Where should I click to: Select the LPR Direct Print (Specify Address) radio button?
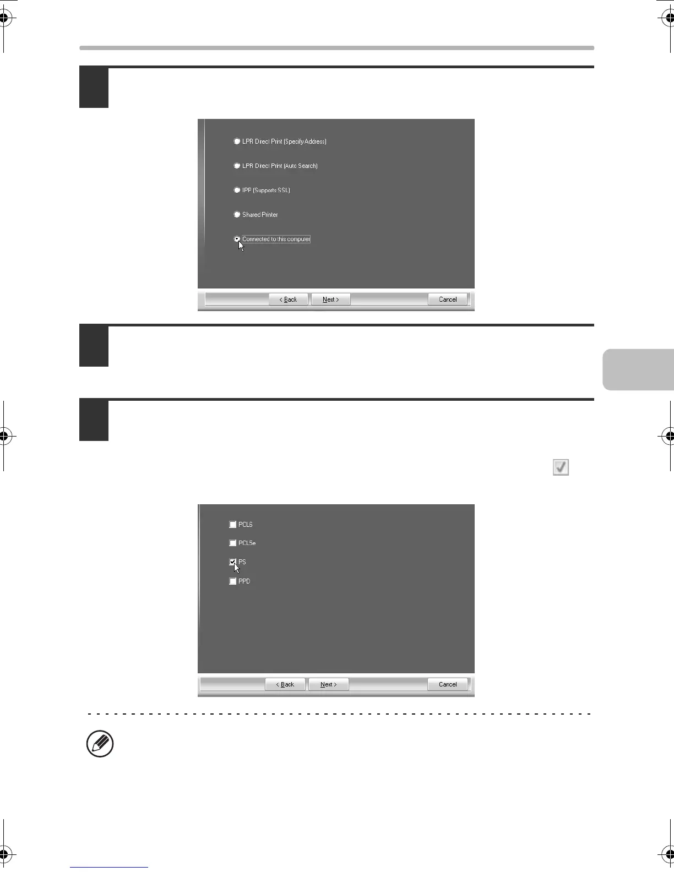(x=237, y=141)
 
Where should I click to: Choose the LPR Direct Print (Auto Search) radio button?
(x=237, y=166)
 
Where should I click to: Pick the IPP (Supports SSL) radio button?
(x=237, y=190)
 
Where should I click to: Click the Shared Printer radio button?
(x=237, y=215)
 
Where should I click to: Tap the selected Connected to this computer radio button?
(x=237, y=239)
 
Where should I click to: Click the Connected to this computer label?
(x=276, y=239)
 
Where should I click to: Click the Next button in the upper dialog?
(x=330, y=299)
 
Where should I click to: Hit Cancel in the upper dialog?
(x=448, y=299)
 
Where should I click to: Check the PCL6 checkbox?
(x=233, y=525)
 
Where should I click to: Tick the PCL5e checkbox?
(x=233, y=543)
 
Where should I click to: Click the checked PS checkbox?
(x=233, y=562)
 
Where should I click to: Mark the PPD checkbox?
(x=233, y=581)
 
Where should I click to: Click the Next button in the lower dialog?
(x=328, y=684)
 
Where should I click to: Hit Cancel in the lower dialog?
(x=448, y=684)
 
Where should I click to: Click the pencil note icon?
(x=100, y=744)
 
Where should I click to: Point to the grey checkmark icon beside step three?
(x=561, y=467)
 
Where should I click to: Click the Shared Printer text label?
(x=260, y=215)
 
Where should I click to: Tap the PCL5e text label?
(x=247, y=543)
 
